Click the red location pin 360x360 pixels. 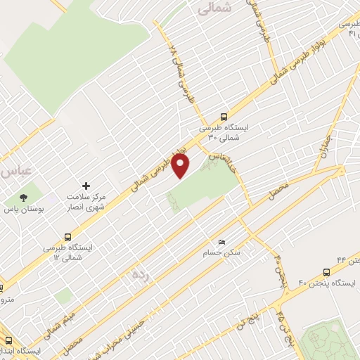[x=181, y=166]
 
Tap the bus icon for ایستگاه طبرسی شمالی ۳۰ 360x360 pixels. [x=224, y=117]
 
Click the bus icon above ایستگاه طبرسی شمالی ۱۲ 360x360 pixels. [x=68, y=237]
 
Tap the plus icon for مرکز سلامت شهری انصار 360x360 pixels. [x=86, y=186]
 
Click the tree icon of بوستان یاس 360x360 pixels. [x=23, y=199]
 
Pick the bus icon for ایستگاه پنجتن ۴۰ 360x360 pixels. [x=326, y=271]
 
